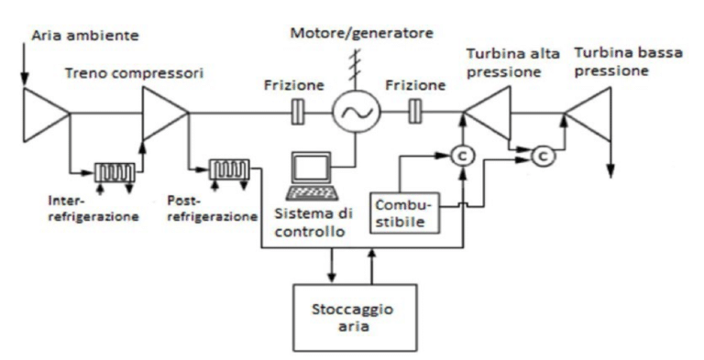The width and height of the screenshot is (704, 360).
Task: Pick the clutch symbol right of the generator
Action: [x=415, y=115]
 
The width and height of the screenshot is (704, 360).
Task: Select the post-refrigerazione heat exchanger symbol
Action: [x=227, y=169]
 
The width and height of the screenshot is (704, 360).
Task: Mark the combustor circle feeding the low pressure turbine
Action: [x=543, y=157]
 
